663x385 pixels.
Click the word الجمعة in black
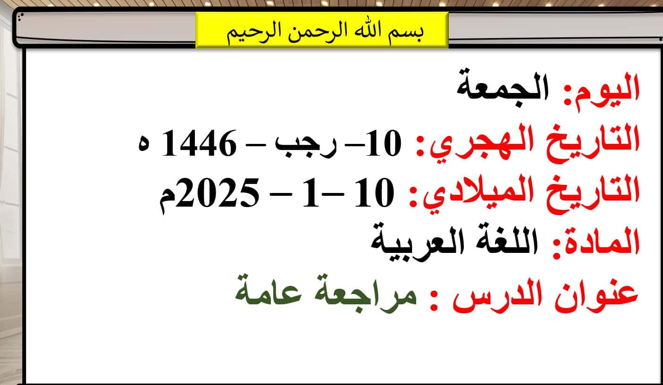click(x=503, y=87)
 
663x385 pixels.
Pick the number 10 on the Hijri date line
click(x=384, y=143)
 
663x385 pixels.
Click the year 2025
click(x=218, y=192)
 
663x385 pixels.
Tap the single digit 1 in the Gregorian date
click(x=311, y=192)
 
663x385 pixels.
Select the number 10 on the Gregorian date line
click(x=375, y=192)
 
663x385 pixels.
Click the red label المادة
click(x=596, y=243)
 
